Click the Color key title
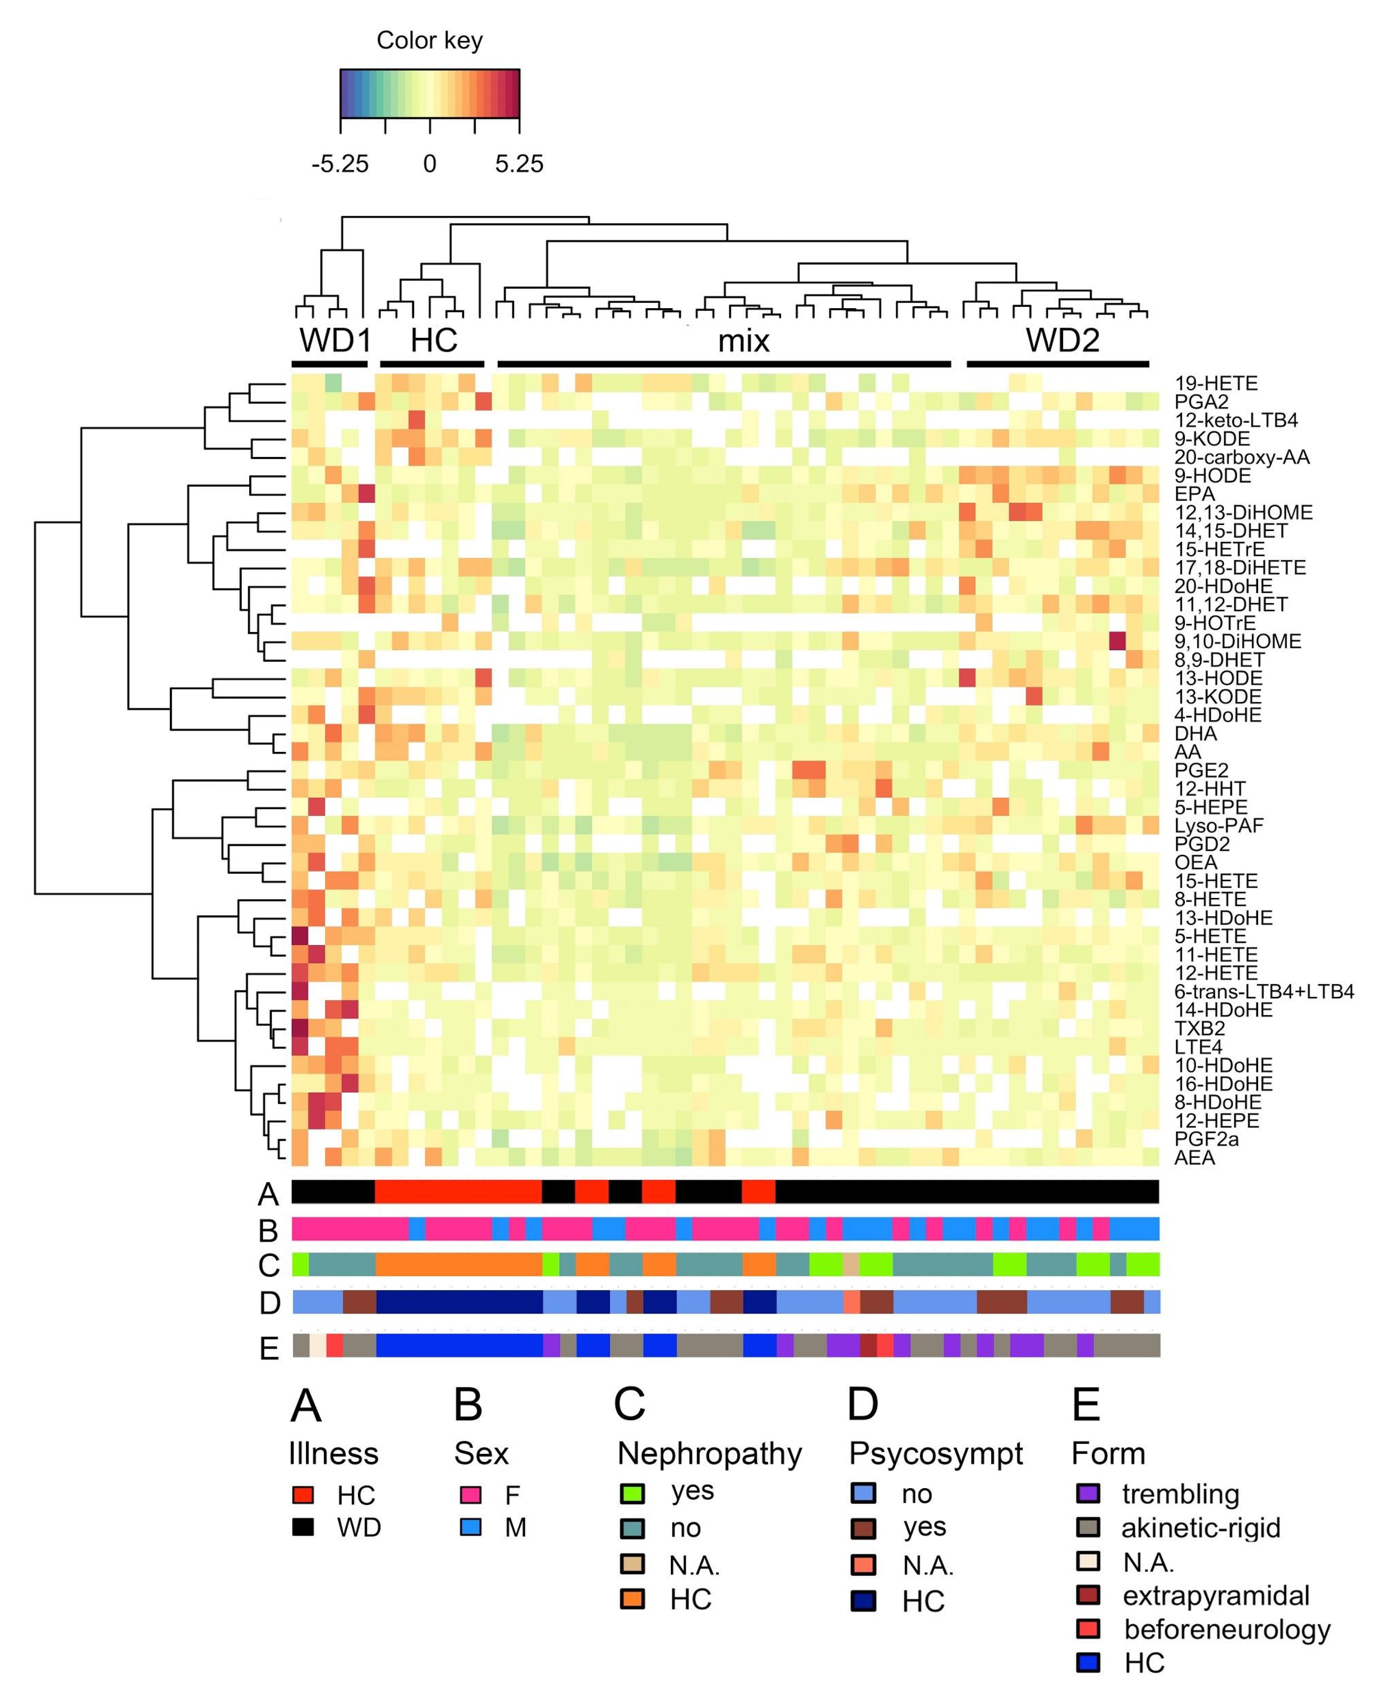pyautogui.click(x=429, y=40)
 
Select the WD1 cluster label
pyautogui.click(x=334, y=341)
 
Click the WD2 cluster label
pyautogui.click(x=1062, y=341)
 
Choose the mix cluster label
pyautogui.click(x=743, y=341)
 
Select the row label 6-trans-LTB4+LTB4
pyautogui.click(x=1264, y=991)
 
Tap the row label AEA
pyautogui.click(x=1195, y=1158)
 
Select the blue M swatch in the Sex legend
pyautogui.click(x=470, y=1527)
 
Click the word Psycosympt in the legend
pyautogui.click(x=936, y=1454)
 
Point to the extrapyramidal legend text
pyautogui.click(x=1216, y=1595)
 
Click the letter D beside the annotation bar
pyautogui.click(x=269, y=1303)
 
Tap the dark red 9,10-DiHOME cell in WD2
pyautogui.click(x=1117, y=640)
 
